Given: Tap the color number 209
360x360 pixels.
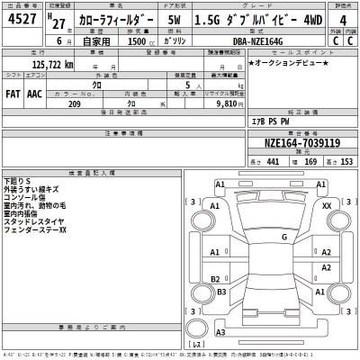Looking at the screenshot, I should click(76, 103).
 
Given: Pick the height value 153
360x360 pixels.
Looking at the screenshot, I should click(343, 161).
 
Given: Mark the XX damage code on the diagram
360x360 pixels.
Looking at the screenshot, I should click(326, 206).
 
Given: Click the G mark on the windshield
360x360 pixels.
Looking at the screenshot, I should click(283, 237).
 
